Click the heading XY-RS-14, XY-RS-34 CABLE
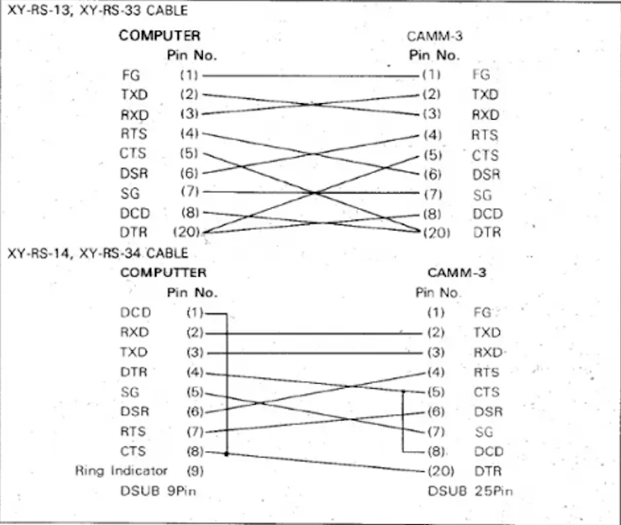(x=98, y=253)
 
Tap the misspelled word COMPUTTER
(x=163, y=273)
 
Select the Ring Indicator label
(x=121, y=471)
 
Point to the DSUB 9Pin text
(x=152, y=491)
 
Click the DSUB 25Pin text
(x=470, y=491)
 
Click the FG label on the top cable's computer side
(x=130, y=75)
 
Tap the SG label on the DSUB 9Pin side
(x=129, y=391)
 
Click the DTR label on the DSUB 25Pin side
(x=487, y=471)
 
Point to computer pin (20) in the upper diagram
(x=187, y=233)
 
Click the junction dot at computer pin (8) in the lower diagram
(x=226, y=452)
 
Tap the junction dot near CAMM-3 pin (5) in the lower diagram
(x=403, y=391)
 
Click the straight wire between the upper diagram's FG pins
(x=310, y=75)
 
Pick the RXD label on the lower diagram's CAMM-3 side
(x=488, y=351)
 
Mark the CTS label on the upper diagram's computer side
(x=133, y=154)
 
